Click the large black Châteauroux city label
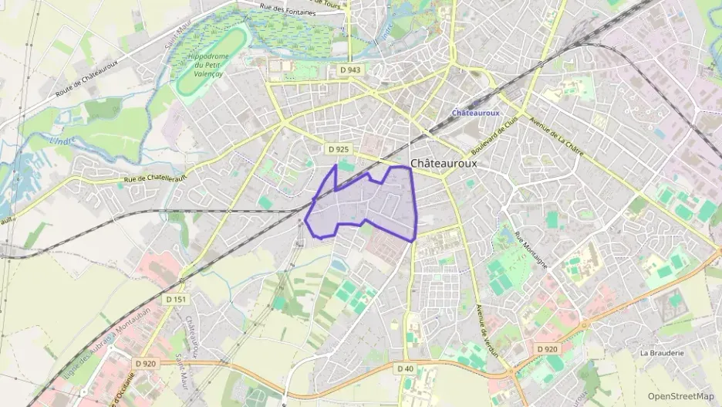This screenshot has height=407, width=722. tap(444, 164)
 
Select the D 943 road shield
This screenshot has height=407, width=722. tap(350, 70)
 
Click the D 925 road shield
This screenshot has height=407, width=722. tap(338, 148)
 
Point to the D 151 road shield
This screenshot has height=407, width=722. tap(176, 299)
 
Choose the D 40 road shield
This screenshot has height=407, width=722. tap(407, 368)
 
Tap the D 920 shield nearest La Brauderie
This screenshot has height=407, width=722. tap(547, 349)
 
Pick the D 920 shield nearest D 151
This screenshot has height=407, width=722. tap(145, 363)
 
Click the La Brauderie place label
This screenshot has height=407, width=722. tap(662, 352)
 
